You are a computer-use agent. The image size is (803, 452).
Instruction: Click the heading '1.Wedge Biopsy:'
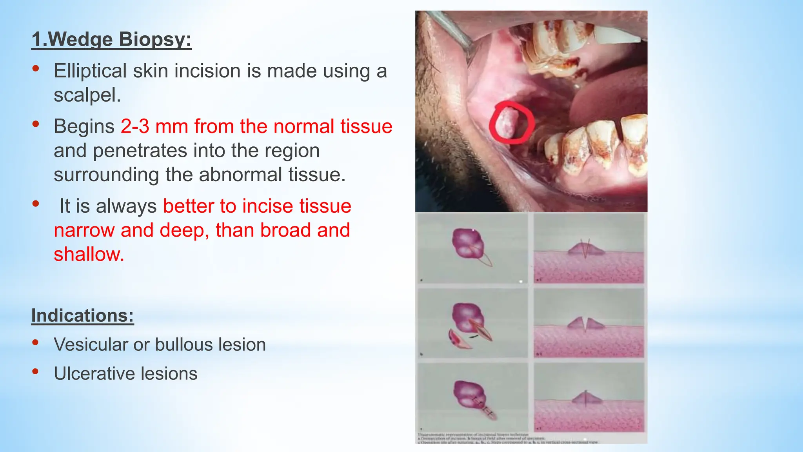(x=111, y=40)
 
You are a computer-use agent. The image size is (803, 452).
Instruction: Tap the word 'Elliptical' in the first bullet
(x=90, y=71)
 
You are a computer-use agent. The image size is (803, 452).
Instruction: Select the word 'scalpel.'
(x=87, y=95)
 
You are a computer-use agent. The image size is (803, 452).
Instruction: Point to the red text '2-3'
(x=135, y=127)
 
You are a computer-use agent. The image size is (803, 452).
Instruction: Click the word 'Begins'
(x=84, y=127)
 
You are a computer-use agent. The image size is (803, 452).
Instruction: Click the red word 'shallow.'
(x=89, y=255)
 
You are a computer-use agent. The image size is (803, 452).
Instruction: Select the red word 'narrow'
(x=84, y=230)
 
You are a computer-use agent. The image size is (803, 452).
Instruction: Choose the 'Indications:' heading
(x=82, y=316)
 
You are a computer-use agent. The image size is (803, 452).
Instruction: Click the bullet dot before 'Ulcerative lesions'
(x=36, y=371)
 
